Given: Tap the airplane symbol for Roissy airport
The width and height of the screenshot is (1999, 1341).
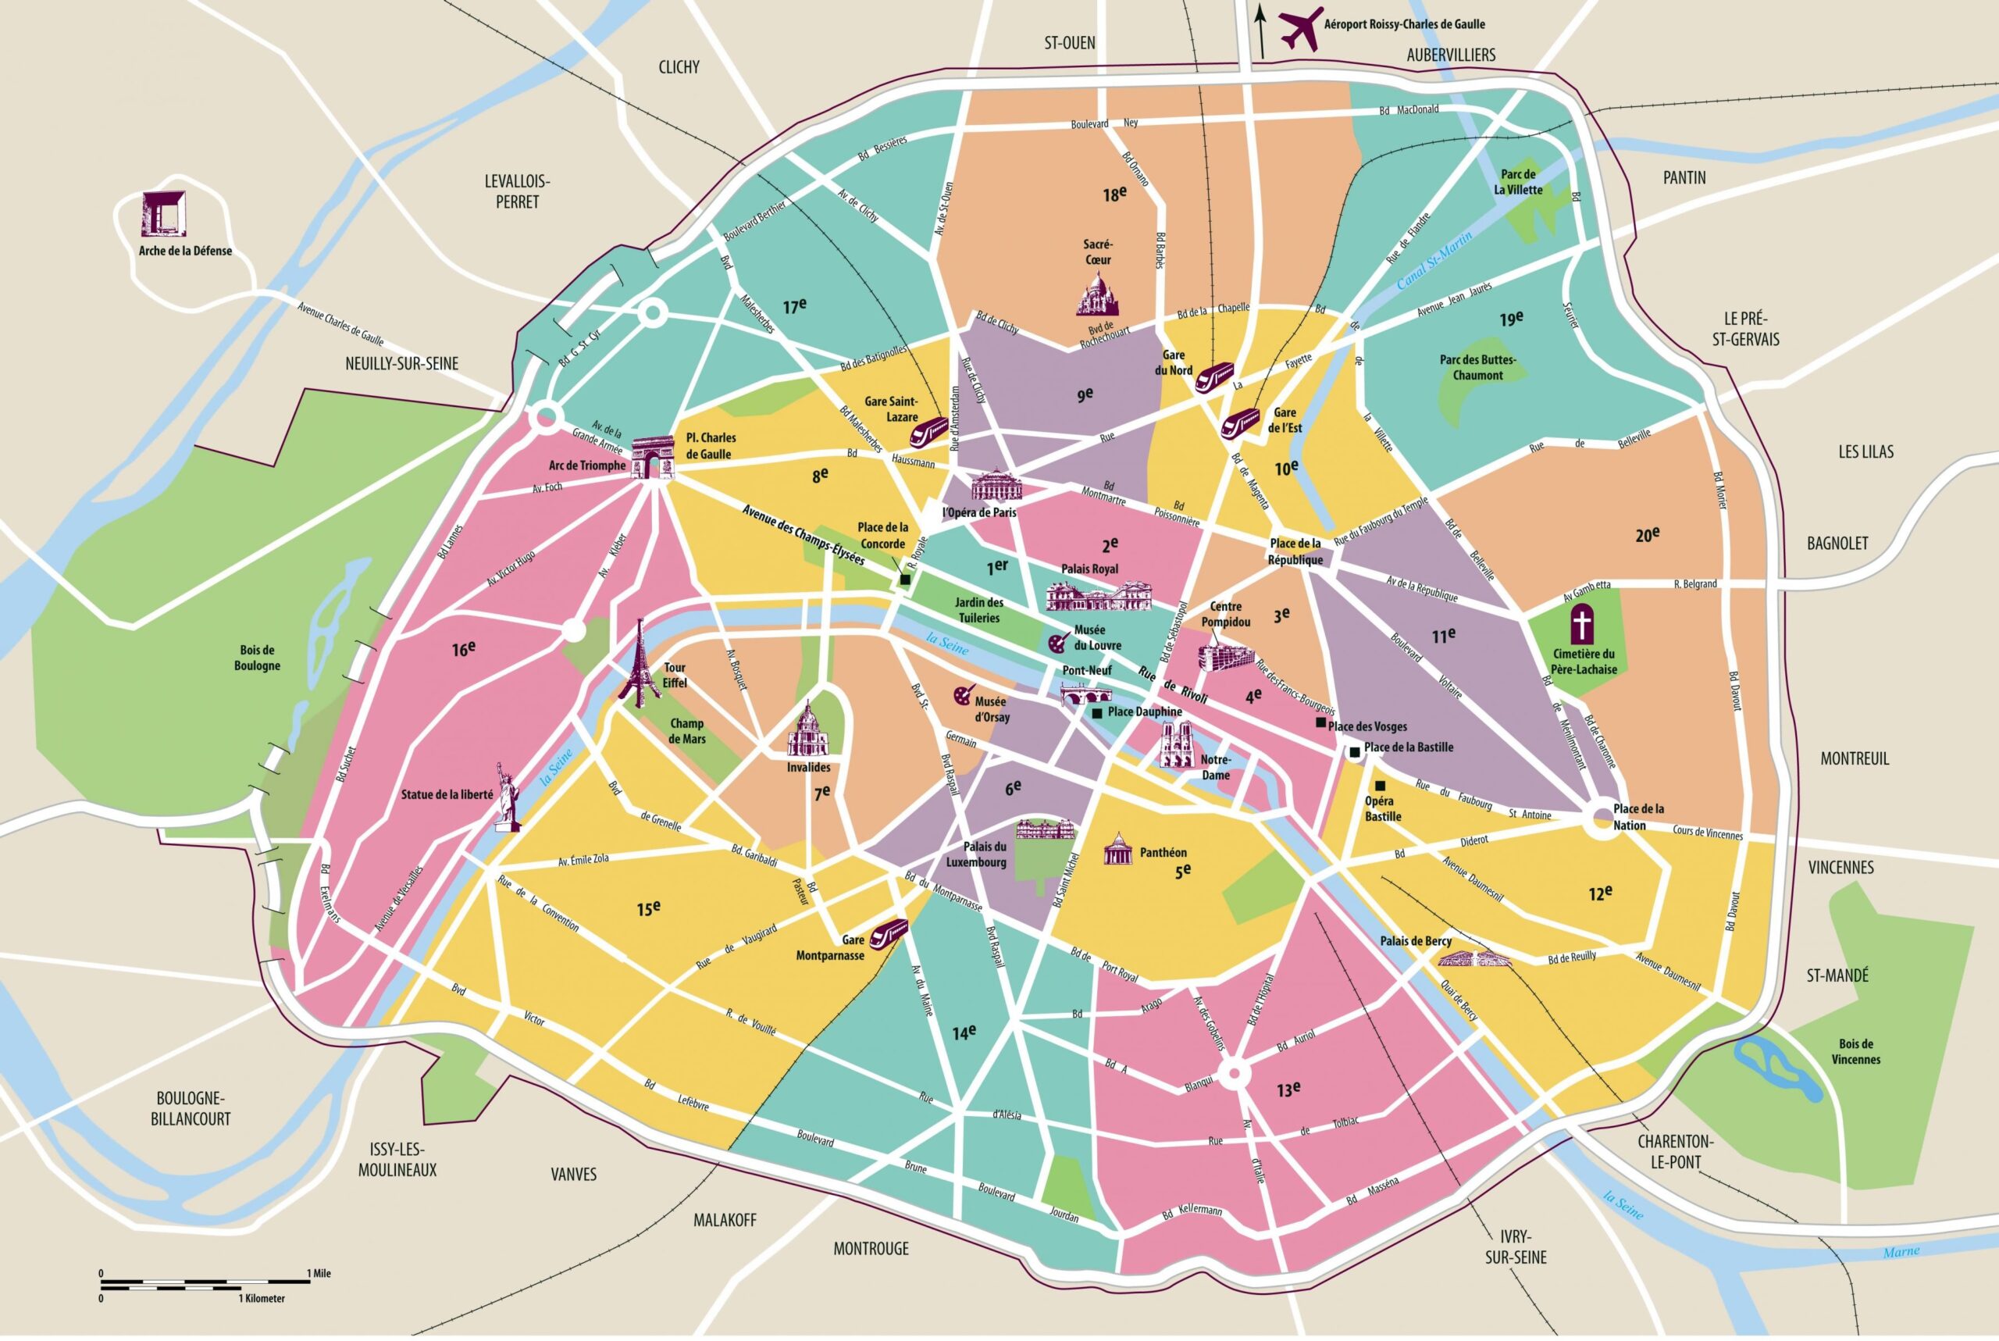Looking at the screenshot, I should click(1299, 30).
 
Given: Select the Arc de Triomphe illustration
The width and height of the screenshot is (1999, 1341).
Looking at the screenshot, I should click(654, 458).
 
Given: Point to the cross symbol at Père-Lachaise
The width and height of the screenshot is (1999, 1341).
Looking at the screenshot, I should click(1582, 624).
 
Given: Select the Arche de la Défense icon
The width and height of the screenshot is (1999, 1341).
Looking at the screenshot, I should click(163, 214).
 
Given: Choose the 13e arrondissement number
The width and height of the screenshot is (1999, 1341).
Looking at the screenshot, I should click(1288, 1089).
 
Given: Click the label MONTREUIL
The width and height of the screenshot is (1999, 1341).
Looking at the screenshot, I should click(1855, 758).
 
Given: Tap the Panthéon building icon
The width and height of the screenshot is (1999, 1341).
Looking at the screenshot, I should click(1117, 848).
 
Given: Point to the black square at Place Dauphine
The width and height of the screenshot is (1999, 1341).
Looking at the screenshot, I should click(1096, 712).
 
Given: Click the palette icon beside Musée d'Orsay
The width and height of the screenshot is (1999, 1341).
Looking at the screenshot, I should click(963, 695).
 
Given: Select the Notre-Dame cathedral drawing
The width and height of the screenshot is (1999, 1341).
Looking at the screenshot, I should click(1179, 745).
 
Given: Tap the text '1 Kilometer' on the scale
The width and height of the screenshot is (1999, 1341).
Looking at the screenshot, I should click(262, 1298).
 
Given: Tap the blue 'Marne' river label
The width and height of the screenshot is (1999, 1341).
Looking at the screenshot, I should click(1901, 1251).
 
